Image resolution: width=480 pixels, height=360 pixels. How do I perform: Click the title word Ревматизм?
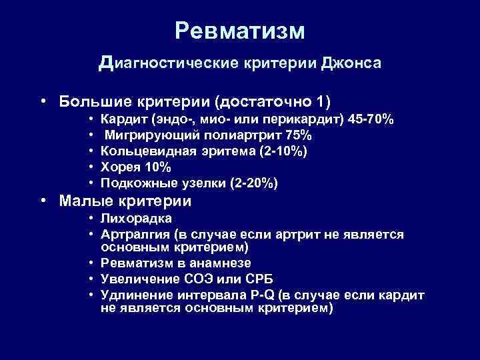[240, 31]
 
